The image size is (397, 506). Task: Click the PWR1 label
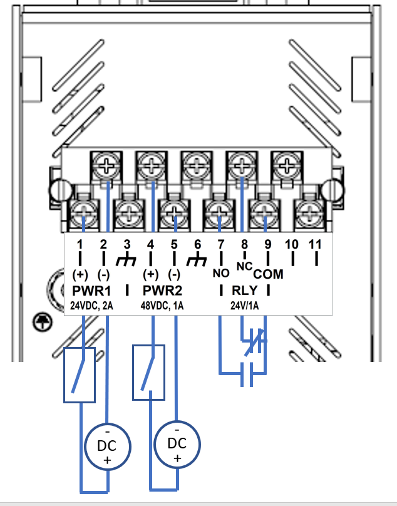pos(91,291)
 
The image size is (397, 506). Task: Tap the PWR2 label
pos(162,291)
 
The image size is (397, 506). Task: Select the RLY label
pos(245,291)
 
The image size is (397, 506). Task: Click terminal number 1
pos(80,244)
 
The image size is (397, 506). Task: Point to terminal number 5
pos(174,244)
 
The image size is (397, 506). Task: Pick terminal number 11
pos(315,244)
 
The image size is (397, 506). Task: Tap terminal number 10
pos(291,244)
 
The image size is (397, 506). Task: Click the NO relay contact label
pos(221,273)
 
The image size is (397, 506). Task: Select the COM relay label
pos(268,274)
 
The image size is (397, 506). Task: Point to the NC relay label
pos(244,267)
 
